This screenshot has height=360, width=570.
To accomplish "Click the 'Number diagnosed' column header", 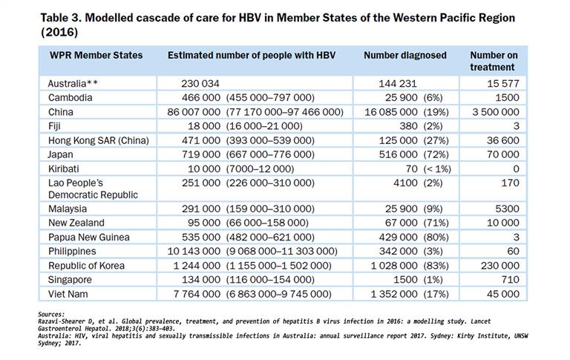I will [x=404, y=55].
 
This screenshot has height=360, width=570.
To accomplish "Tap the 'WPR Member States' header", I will [x=96, y=55].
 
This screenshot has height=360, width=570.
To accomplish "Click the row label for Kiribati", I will [x=65, y=169].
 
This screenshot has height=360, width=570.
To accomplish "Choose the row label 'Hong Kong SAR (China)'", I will [x=98, y=141].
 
